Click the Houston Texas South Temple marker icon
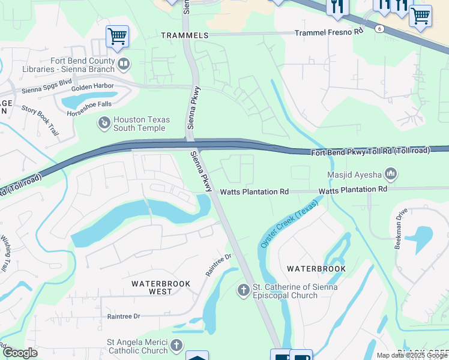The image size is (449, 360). (104, 124)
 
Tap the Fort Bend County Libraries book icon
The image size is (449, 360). (124, 62)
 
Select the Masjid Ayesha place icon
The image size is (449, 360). (391, 175)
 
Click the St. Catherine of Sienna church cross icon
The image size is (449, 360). (244, 291)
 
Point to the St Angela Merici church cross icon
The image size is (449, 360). (176, 345)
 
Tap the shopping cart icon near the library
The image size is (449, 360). (117, 36)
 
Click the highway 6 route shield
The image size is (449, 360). (379, 28)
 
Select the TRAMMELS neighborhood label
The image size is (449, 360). (184, 35)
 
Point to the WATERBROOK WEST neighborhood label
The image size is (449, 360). (161, 287)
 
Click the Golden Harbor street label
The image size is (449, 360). (92, 86)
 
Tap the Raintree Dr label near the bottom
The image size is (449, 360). (123, 316)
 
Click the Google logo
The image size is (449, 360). (20, 353)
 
